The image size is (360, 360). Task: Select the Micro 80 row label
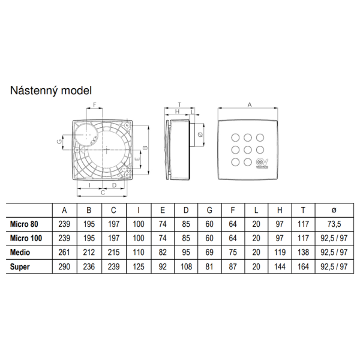pyautogui.click(x=24, y=224)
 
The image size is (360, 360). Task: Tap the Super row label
pyautogui.click(x=20, y=267)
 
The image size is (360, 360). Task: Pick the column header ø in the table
pyautogui.click(x=334, y=210)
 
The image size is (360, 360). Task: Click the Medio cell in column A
pyautogui.click(x=64, y=253)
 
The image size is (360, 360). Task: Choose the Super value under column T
pyautogui.click(x=303, y=267)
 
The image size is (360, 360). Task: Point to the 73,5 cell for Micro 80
pyautogui.click(x=334, y=224)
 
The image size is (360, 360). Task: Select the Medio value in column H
pyautogui.click(x=280, y=253)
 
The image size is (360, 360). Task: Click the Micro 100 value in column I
pyautogui.click(x=139, y=238)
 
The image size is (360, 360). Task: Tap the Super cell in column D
pyautogui.click(x=186, y=267)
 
